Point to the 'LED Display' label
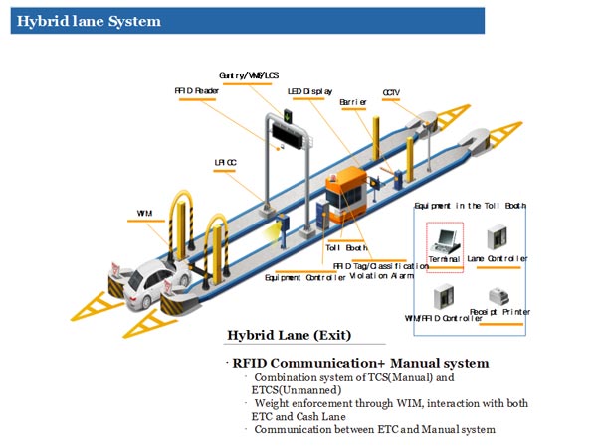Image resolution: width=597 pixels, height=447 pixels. (309, 91)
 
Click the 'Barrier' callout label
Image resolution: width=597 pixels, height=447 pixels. (353, 102)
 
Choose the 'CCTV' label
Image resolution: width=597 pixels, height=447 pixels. (391, 93)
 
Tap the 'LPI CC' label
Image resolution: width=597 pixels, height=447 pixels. (226, 160)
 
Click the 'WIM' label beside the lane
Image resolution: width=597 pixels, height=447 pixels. (145, 213)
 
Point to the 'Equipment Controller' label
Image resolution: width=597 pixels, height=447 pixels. (306, 278)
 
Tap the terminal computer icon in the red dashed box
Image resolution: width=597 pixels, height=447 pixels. (446, 238)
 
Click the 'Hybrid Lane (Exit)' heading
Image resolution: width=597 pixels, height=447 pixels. (289, 335)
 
